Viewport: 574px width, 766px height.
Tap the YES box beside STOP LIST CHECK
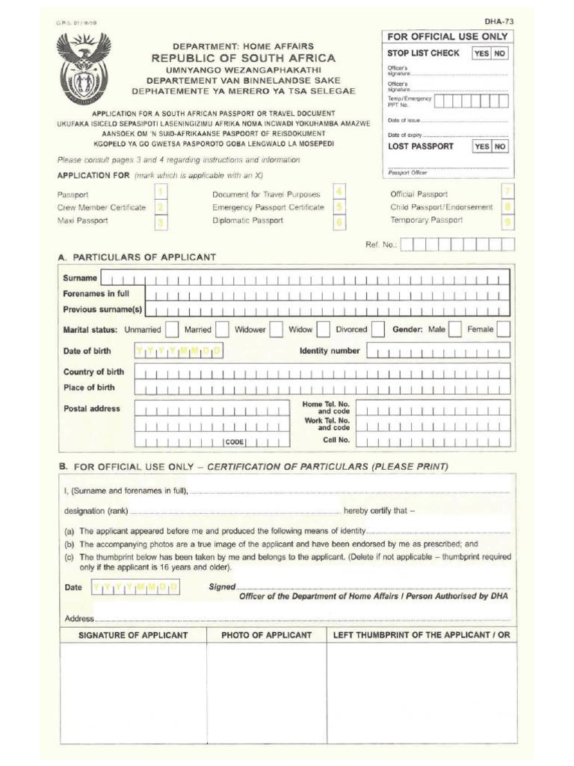pos(481,54)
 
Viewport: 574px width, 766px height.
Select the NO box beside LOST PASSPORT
pos(500,147)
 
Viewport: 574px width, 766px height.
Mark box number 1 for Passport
pos(161,193)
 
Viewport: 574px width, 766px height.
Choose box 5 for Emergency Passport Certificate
pos(339,206)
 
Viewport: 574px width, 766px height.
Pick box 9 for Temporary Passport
pos(507,221)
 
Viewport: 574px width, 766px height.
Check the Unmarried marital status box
pos(172,329)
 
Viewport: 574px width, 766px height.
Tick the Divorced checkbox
pos(377,329)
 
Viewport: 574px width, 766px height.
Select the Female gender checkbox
pos(503,329)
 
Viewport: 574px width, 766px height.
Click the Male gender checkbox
pos(454,329)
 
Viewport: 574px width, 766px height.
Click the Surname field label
pos(80,278)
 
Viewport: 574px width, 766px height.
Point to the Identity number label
pos(330,351)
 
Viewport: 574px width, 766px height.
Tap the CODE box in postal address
pos(235,442)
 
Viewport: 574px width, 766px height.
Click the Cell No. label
pos(336,441)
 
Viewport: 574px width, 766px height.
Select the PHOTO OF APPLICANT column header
pos(266,635)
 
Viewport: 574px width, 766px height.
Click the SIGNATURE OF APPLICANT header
pos(133,635)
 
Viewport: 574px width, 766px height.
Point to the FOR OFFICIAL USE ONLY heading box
pos(448,37)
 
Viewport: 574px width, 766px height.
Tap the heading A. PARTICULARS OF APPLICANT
pos(137,257)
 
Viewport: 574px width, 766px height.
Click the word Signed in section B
pos(222,587)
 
